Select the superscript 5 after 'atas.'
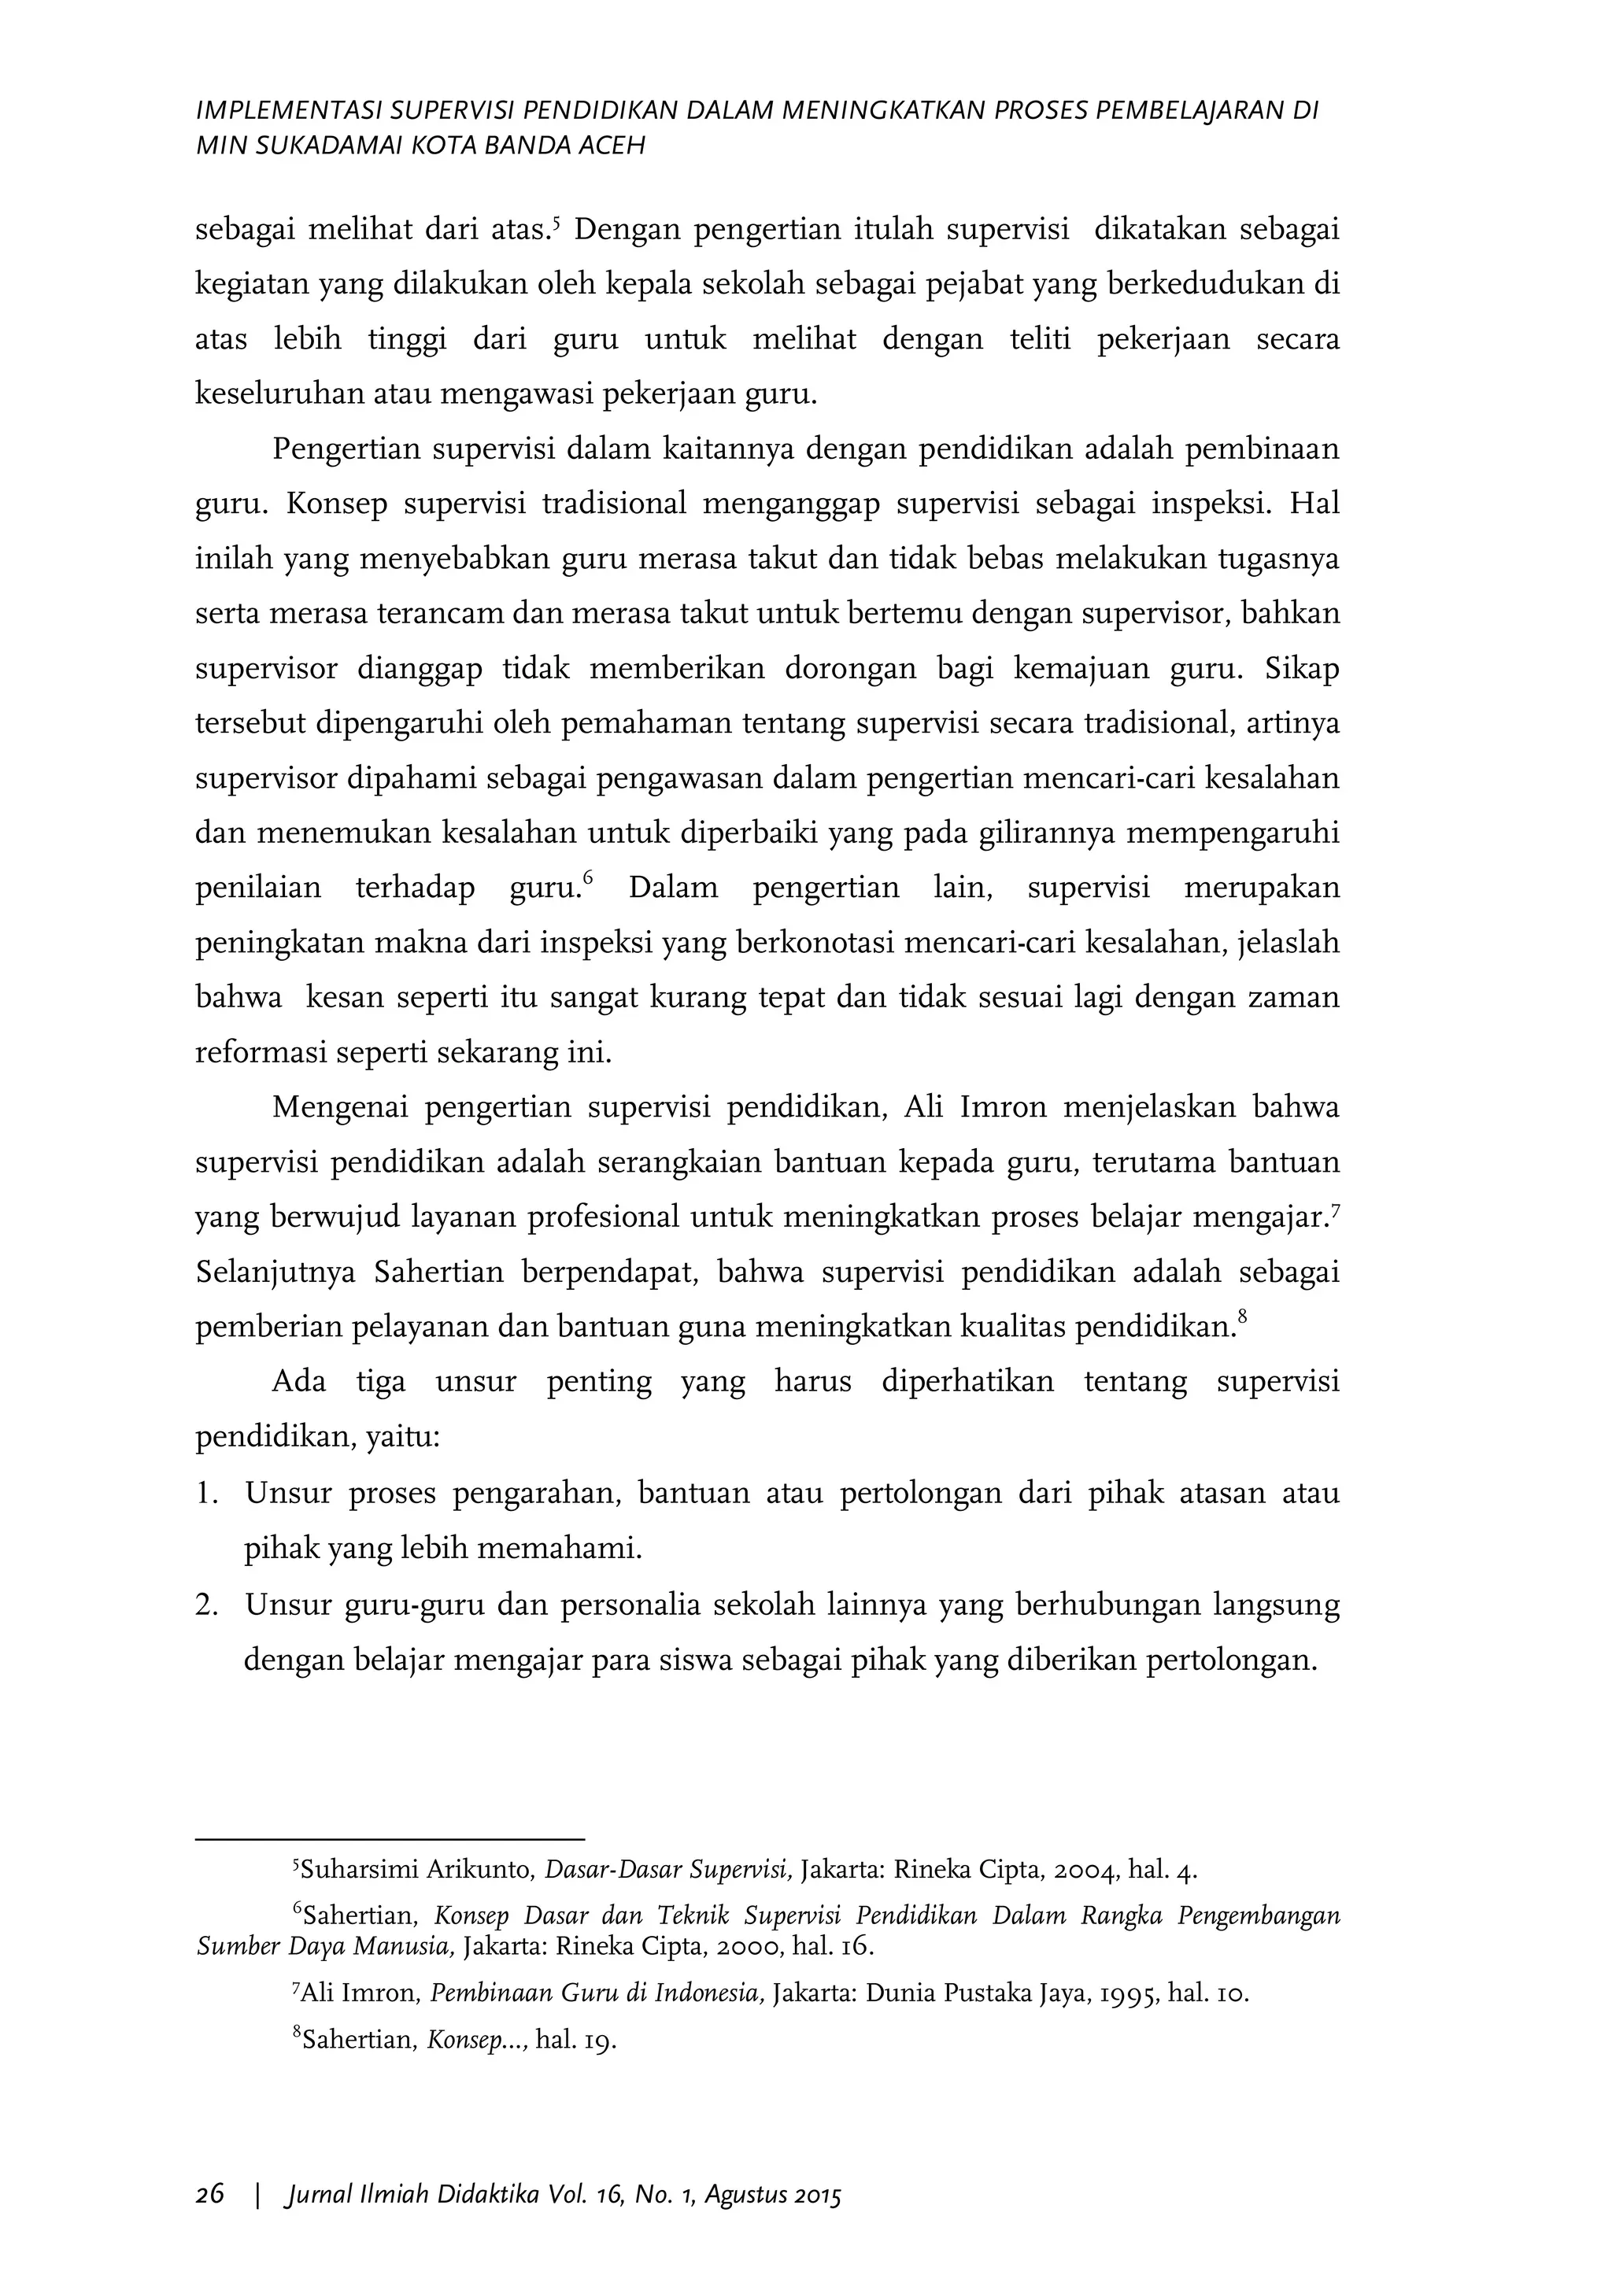pyautogui.click(x=556, y=223)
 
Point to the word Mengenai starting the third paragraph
pyautogui.click(x=338, y=1106)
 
